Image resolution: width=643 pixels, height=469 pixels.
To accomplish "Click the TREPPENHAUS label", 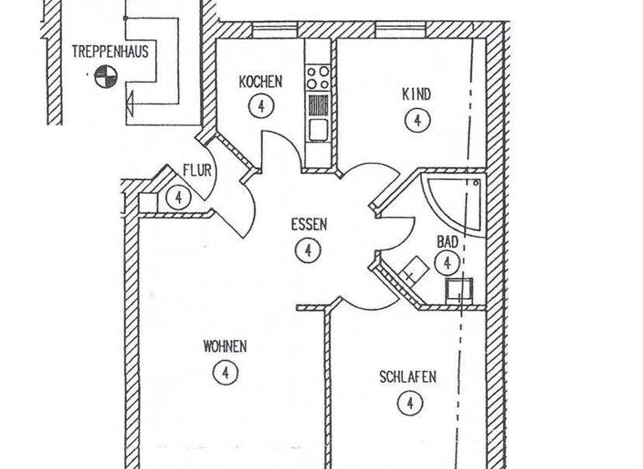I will pyautogui.click(x=110, y=51).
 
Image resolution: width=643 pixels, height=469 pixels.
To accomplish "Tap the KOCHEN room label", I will pyautogui.click(x=260, y=82).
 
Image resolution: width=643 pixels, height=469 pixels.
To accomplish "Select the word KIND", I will pyautogui.click(x=417, y=95).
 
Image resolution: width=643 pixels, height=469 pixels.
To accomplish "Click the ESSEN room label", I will pyautogui.click(x=309, y=224).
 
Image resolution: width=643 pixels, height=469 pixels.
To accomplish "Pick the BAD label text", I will pyautogui.click(x=447, y=242).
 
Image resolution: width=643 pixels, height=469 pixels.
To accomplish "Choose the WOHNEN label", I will pyautogui.click(x=225, y=346).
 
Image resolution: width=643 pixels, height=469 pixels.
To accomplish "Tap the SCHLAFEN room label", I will pyautogui.click(x=408, y=378).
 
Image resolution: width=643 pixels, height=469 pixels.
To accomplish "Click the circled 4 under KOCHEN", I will pyautogui.click(x=262, y=106).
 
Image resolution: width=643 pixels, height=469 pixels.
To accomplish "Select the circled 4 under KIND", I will pyautogui.click(x=416, y=120).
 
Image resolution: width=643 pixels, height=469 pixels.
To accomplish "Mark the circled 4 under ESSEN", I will pyautogui.click(x=308, y=250).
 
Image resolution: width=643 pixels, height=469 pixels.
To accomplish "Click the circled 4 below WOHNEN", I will pyautogui.click(x=225, y=371).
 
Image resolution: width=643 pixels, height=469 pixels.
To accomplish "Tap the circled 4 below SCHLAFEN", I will pyautogui.click(x=409, y=404).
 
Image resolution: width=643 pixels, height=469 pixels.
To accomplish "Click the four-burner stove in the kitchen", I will pyautogui.click(x=317, y=78).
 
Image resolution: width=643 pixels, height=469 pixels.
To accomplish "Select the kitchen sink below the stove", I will pyautogui.click(x=317, y=130).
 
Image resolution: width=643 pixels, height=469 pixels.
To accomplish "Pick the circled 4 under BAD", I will pyautogui.click(x=448, y=264).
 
